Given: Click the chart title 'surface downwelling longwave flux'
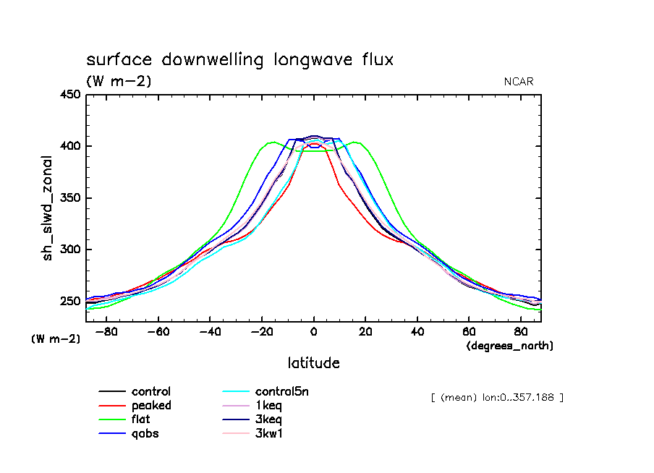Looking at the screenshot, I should click(x=239, y=59).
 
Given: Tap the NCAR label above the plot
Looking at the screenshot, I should click(x=518, y=82).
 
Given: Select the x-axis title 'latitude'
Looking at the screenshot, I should click(x=313, y=362).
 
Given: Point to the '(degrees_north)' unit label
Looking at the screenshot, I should click(x=510, y=346).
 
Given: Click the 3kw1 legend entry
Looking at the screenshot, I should click(x=268, y=434).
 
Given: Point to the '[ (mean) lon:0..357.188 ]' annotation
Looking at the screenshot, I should click(x=496, y=397).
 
